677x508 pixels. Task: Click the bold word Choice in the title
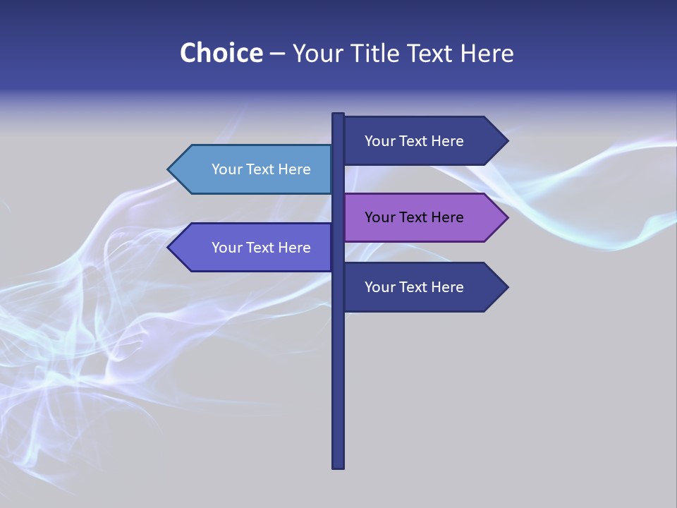click(221, 53)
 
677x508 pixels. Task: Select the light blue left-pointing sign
click(254, 169)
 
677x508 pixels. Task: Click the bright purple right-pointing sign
click(420, 217)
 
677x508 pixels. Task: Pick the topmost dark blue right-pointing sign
click(420, 141)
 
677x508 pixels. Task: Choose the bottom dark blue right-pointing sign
click(420, 287)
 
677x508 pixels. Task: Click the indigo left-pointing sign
click(254, 248)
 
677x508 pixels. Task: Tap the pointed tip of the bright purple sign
click(506, 217)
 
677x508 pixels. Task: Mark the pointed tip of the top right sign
click(506, 141)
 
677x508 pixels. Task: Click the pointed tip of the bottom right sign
click(506, 287)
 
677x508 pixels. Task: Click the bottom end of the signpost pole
click(338, 466)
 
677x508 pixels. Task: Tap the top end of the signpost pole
click(338, 115)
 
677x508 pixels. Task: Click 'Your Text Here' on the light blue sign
click(261, 169)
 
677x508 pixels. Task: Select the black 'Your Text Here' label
click(414, 217)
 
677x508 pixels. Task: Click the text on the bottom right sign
click(414, 287)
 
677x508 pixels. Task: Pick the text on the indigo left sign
click(261, 248)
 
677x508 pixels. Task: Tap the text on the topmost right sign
click(414, 141)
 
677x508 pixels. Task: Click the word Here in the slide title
click(487, 53)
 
